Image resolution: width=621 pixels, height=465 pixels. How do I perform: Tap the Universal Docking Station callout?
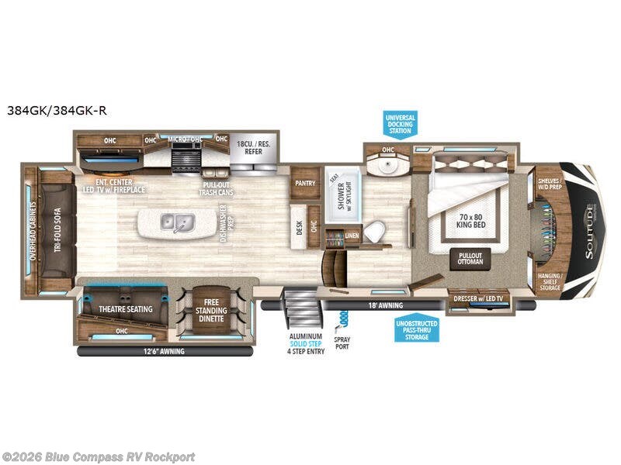coord(401,124)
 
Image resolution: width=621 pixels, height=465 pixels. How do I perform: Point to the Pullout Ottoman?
coord(470,258)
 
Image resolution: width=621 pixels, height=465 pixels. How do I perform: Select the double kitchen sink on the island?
coord(176,223)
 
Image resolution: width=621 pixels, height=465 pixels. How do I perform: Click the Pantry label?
coord(304,184)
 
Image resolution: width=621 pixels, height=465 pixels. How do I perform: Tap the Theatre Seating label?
coord(125,308)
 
